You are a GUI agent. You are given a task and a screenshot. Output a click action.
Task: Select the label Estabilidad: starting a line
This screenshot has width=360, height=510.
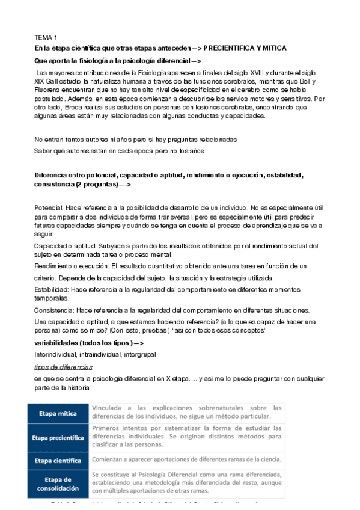click(x=53, y=289)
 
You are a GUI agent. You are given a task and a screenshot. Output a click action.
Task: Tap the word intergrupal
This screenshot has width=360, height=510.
click(x=139, y=355)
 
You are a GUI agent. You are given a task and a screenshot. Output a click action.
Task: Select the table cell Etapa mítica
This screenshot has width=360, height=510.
click(x=59, y=414)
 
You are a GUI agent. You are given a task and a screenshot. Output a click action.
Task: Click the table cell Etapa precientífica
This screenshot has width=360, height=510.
click(x=59, y=438)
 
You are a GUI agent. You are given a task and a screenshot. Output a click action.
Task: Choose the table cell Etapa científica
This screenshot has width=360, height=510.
click(x=59, y=460)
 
